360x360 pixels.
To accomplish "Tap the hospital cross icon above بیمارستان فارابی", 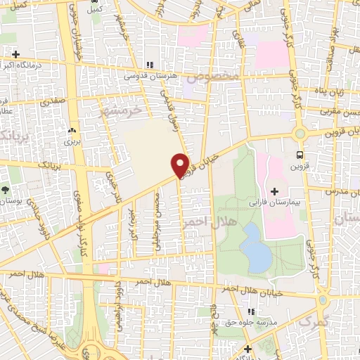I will [274, 190].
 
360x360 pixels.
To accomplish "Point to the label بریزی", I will [72, 141].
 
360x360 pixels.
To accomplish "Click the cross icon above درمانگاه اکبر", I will [15, 53].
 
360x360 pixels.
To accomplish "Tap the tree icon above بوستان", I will [6, 190].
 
